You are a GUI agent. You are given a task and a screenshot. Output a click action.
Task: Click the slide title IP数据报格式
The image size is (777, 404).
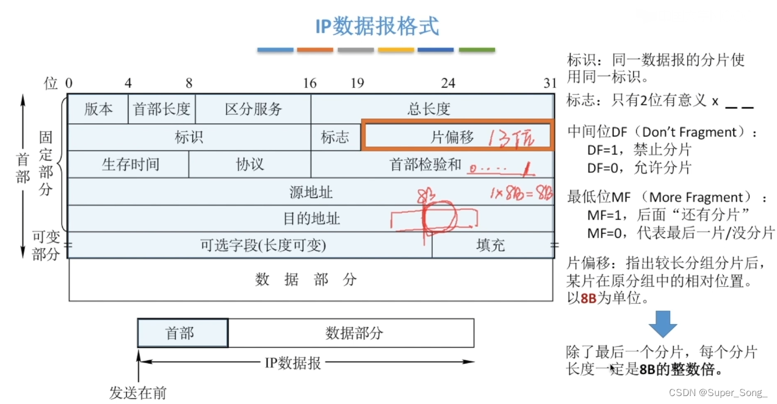coord(377,26)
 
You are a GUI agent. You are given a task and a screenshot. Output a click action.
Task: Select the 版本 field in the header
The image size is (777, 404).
coord(98,109)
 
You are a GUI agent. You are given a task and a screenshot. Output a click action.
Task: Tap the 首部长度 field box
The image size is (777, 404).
coord(162,109)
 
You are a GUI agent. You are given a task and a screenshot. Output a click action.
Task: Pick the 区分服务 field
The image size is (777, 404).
coord(253,109)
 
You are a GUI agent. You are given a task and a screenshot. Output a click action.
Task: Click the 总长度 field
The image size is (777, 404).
coord(428,109)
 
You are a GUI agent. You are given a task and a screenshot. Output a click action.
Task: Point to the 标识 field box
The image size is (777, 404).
coord(189,137)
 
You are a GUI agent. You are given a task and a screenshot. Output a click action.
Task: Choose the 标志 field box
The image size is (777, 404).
coord(335,137)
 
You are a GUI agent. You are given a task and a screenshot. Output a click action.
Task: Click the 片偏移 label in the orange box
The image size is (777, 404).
coord(452,137)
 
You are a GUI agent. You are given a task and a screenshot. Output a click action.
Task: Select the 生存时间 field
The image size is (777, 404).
coord(130,164)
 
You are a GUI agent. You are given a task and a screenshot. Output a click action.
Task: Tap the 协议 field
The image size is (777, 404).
coord(250,164)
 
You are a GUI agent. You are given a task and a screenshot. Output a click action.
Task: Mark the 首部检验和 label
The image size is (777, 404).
coord(425,164)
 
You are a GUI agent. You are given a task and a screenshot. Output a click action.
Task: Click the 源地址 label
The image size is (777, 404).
coord(311,192)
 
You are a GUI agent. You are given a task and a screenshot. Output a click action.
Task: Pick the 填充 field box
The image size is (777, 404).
coord(491,245)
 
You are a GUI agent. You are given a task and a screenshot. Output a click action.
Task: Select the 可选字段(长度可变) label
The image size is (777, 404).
coord(263,245)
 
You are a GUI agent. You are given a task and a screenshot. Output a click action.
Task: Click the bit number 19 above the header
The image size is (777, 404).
coord(357,83)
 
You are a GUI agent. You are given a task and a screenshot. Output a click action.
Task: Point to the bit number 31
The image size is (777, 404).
coord(551,83)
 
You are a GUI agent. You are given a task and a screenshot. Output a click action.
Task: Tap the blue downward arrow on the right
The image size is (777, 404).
coord(662,324)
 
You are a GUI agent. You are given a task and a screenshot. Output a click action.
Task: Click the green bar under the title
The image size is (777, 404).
coord(476,49)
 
